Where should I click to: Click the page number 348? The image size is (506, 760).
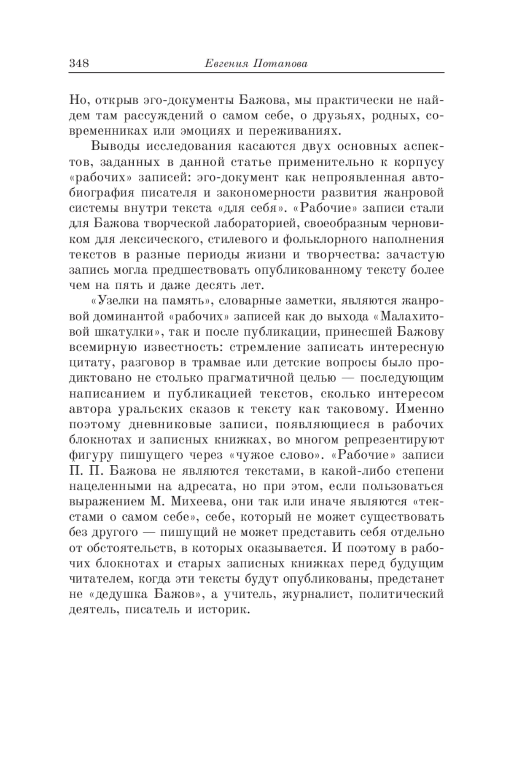click(79, 64)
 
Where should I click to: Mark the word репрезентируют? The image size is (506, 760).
click(394, 440)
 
